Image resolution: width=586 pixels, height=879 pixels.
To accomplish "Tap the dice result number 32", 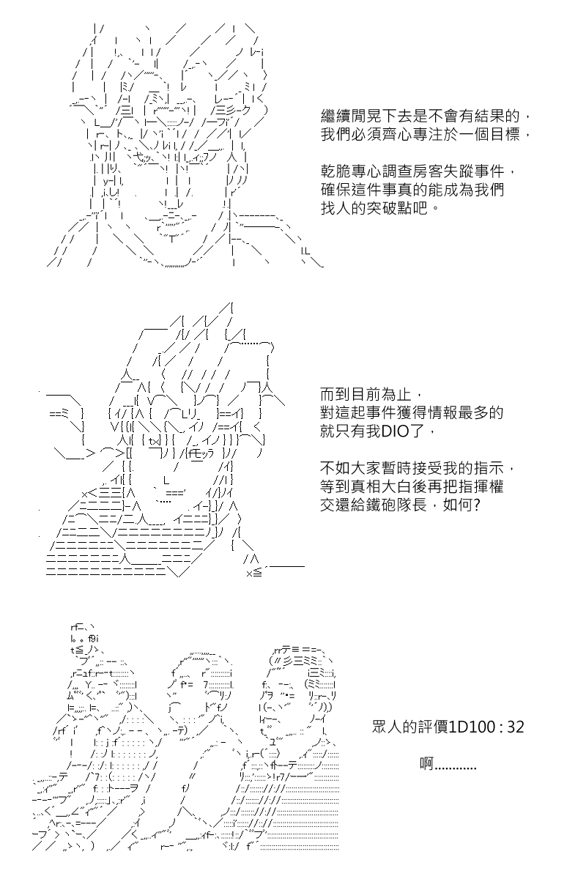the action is coord(516,727).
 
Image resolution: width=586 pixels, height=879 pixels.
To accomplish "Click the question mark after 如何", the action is coord(477,505).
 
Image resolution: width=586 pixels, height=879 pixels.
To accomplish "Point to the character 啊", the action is coord(427,764).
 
